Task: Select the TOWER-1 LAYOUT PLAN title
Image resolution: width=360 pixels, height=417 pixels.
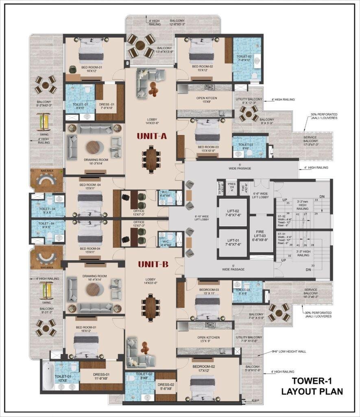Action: pyautogui.click(x=312, y=386)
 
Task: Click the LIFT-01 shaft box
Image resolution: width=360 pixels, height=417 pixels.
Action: pyautogui.click(x=233, y=243)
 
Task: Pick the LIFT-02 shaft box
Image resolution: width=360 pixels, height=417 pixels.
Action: pyautogui.click(x=233, y=212)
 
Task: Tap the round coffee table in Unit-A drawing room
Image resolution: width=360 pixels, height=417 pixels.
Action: pyautogui.click(x=95, y=146)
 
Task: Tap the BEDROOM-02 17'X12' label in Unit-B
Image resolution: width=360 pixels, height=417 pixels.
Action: pyautogui.click(x=204, y=369)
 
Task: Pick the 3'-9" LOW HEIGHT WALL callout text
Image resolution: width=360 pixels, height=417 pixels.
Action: pyautogui.click(x=290, y=351)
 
